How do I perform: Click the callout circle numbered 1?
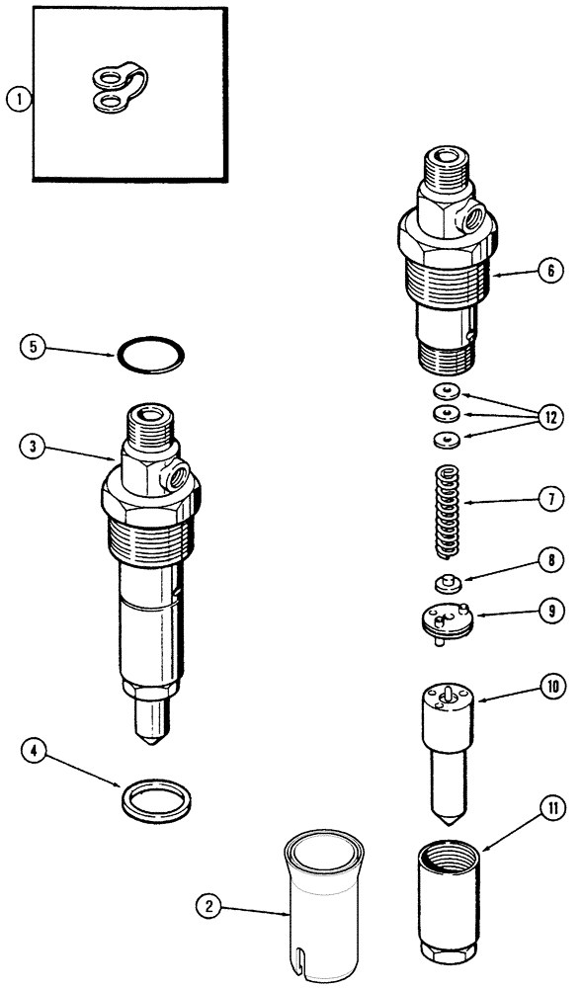(17, 98)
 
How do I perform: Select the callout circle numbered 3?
(34, 446)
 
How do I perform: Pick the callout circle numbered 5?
(35, 347)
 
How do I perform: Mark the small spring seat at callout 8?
(447, 581)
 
